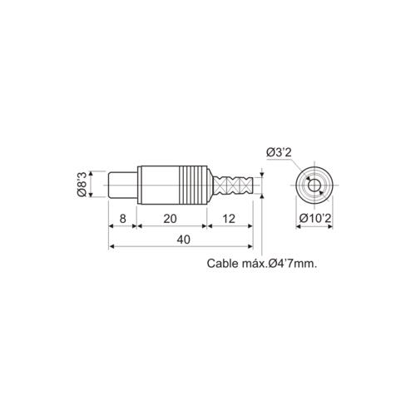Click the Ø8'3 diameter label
(82, 183)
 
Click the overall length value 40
(181, 238)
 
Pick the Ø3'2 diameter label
(279, 151)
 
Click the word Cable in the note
(222, 264)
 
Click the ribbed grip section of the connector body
(192, 183)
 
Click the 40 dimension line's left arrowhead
(112, 246)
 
